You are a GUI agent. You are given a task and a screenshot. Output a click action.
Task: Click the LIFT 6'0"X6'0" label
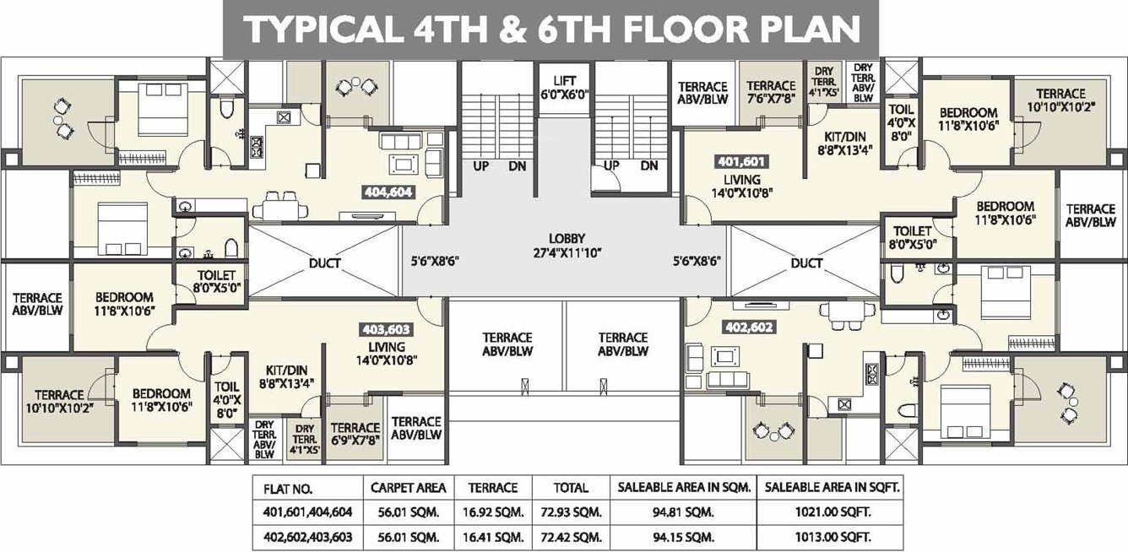tap(565, 88)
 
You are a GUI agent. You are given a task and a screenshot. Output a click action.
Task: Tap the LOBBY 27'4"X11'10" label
tap(567, 246)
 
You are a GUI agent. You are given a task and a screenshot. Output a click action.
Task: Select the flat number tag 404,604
tap(388, 192)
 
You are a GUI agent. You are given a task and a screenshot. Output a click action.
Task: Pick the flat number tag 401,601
tap(742, 161)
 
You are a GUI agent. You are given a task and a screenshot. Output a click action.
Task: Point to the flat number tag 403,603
tap(386, 329)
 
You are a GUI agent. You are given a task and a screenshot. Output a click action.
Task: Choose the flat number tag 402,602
tap(749, 327)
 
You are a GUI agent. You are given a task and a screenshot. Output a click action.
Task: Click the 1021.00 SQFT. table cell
tap(832, 512)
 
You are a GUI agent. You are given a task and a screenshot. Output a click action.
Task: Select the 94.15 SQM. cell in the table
tap(683, 538)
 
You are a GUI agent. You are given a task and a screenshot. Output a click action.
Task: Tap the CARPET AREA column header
tap(409, 488)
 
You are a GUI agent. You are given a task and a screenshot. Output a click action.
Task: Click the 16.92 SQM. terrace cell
tap(493, 512)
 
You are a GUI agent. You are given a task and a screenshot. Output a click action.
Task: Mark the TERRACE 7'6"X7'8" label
tap(771, 93)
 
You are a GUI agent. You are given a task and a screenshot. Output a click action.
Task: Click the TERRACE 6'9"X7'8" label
tap(355, 434)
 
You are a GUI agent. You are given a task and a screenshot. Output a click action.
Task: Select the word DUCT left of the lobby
tap(325, 263)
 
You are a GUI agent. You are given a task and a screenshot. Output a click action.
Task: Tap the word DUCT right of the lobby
tap(806, 263)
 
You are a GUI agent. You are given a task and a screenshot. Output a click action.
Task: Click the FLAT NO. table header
tap(288, 489)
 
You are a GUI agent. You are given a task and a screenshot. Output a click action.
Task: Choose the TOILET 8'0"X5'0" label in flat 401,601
tap(912, 238)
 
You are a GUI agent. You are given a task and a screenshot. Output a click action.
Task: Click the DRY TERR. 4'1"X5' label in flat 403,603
tap(306, 439)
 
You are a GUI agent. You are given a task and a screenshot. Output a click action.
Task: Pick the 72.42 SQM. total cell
tap(571, 538)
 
